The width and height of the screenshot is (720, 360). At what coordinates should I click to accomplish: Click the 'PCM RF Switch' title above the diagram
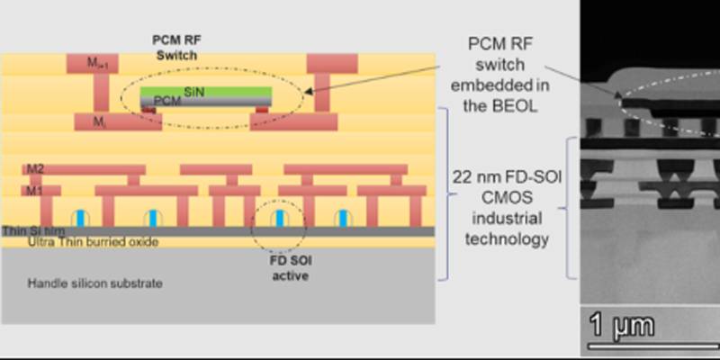175,47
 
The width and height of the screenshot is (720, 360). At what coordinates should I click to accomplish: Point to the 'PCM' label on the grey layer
166,101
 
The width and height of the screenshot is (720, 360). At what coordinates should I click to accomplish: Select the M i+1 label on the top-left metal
87,63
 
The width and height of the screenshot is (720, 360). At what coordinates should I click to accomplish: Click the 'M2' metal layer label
34,168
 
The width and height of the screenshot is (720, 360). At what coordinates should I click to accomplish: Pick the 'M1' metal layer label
34,190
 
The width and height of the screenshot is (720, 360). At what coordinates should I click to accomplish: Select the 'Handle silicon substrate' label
95,284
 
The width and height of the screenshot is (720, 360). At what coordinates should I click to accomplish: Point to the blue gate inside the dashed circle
281,218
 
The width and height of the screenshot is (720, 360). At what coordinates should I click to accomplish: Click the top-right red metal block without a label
332,63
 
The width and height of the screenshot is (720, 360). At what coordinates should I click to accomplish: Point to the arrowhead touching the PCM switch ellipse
311,89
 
